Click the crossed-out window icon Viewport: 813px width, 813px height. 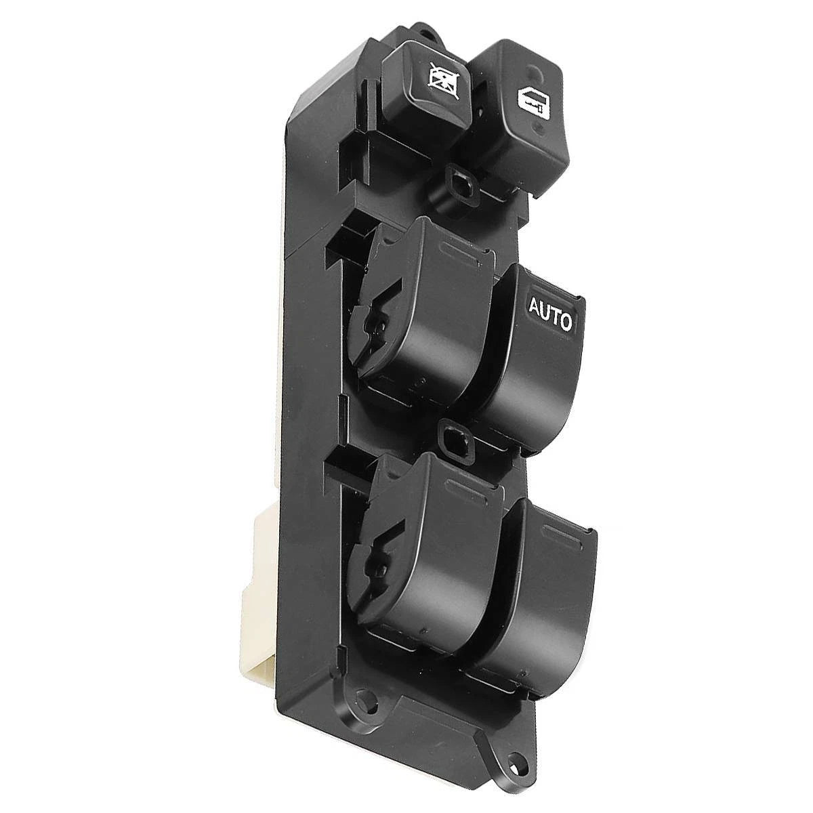point(439,81)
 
